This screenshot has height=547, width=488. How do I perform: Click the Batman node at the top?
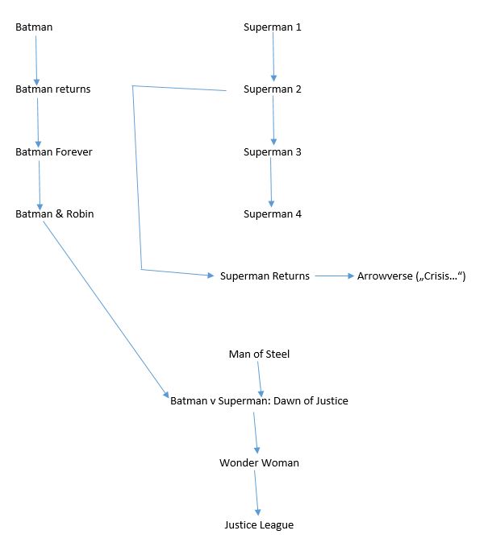click(34, 27)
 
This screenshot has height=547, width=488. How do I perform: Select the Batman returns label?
click(53, 89)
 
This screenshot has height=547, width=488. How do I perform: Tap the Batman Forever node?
click(54, 151)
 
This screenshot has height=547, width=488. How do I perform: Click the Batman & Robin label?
click(55, 213)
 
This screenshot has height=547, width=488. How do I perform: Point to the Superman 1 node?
click(273, 27)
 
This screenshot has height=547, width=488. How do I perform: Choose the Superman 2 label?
click(273, 89)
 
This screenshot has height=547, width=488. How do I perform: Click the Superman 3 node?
click(273, 151)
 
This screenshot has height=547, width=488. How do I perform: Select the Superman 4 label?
click(273, 213)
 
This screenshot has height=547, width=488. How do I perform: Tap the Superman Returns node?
click(265, 276)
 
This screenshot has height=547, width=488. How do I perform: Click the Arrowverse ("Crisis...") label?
click(411, 276)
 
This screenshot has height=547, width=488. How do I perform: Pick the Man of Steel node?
click(259, 354)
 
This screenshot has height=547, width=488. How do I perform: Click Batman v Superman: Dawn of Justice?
click(259, 400)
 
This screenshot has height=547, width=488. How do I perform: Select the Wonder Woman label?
click(259, 462)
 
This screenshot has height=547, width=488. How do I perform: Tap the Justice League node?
click(259, 524)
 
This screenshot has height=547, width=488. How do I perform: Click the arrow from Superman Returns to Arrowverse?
click(334, 276)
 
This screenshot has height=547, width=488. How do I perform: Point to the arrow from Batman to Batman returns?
click(36, 59)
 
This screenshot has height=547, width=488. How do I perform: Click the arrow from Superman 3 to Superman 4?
click(272, 183)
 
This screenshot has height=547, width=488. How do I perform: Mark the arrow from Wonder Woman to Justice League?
click(257, 493)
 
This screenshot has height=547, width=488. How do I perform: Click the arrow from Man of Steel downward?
click(260, 377)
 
